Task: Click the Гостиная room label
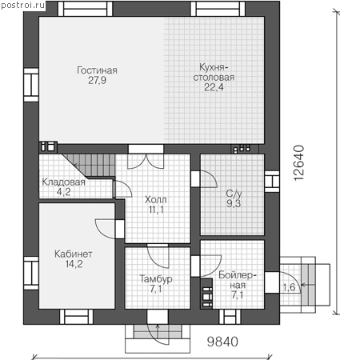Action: click(x=97, y=70)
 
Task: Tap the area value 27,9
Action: click(x=97, y=80)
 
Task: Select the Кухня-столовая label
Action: click(x=214, y=72)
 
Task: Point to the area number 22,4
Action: click(x=214, y=87)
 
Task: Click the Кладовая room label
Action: click(x=64, y=182)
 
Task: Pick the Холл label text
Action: click(x=156, y=199)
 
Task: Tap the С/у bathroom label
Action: click(x=234, y=193)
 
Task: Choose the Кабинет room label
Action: click(x=74, y=254)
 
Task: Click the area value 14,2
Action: click(x=74, y=264)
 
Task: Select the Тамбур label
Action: click(x=156, y=279)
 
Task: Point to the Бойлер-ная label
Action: click(x=237, y=280)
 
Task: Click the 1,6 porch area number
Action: click(x=289, y=287)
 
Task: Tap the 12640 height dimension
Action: click(x=299, y=163)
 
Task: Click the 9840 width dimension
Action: click(x=222, y=342)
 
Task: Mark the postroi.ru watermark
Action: click(x=23, y=5)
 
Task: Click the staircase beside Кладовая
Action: click(x=90, y=166)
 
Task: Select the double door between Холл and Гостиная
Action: click(x=146, y=161)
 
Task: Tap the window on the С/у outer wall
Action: click(x=272, y=182)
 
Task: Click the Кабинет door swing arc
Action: click(x=102, y=230)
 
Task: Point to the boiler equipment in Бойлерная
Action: click(x=207, y=294)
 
